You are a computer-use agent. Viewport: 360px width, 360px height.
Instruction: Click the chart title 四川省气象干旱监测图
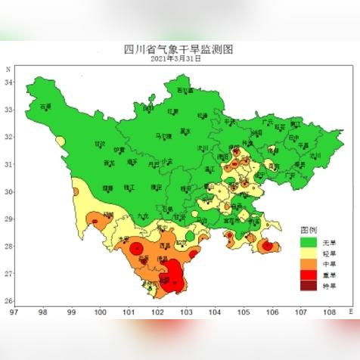(179, 49)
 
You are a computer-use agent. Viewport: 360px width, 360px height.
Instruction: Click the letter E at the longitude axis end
(349, 310)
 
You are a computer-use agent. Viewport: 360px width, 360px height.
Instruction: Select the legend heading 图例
(309, 229)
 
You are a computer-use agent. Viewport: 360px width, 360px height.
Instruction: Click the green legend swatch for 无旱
(307, 242)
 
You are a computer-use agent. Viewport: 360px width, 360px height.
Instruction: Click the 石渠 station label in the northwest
(45, 107)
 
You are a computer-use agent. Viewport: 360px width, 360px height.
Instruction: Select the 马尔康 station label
(163, 136)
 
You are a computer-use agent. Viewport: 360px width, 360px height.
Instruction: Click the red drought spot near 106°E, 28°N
(268, 246)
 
